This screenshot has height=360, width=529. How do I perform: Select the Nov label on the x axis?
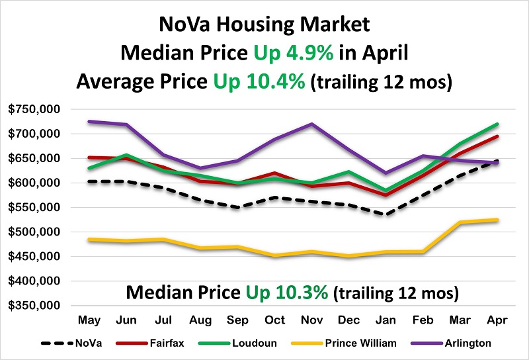(311, 320)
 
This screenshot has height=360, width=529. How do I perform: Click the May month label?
(89, 320)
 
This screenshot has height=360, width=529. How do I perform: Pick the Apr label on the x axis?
(497, 320)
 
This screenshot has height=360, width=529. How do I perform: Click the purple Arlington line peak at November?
(311, 124)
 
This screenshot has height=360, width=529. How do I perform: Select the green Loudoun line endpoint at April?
(497, 124)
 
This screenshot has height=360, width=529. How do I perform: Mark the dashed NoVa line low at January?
(386, 214)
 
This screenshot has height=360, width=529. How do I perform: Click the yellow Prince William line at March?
(460, 223)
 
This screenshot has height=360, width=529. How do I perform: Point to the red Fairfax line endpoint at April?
(497, 136)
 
